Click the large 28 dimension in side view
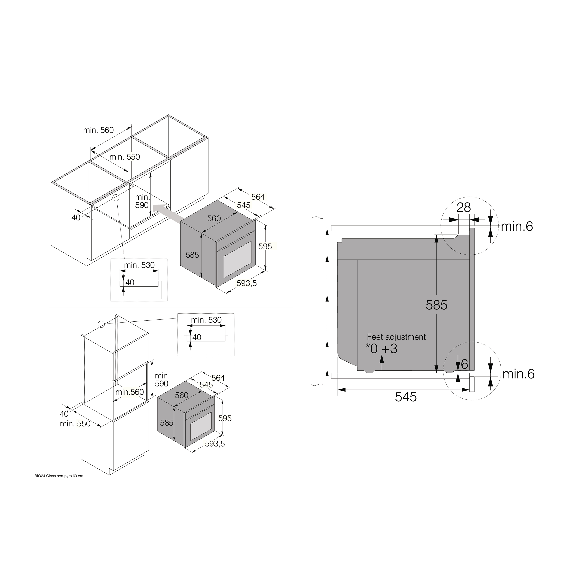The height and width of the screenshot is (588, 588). point(464,208)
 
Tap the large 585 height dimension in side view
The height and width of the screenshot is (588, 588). point(436,305)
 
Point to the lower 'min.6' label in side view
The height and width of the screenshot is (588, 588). point(518,374)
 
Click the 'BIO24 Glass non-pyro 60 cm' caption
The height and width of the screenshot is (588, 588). point(59,476)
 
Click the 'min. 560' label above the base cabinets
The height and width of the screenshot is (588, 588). point(98,130)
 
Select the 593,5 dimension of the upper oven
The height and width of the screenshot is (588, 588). point(247,283)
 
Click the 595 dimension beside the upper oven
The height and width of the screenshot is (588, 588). point(265,247)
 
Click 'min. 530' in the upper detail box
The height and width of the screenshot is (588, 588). point(139,265)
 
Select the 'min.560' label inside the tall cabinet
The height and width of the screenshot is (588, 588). point(129,392)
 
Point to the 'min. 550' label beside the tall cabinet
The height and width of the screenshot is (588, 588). point(75,424)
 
